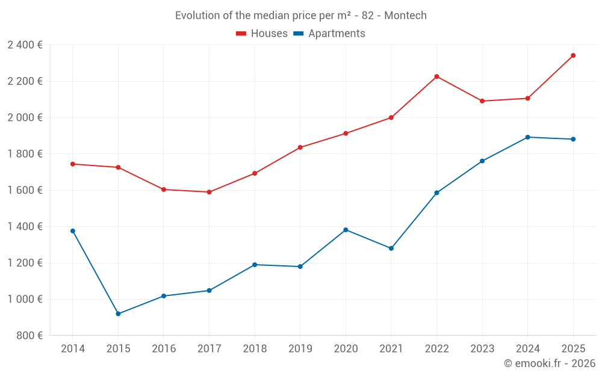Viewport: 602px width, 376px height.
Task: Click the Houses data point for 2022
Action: (x=436, y=76)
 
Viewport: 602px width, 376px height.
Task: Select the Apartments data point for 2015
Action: (x=118, y=313)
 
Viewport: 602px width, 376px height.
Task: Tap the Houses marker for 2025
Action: (x=573, y=55)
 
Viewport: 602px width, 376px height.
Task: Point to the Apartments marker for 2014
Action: (x=73, y=231)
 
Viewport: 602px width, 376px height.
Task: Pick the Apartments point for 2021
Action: (x=391, y=248)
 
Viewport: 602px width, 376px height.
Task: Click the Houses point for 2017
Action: (x=209, y=192)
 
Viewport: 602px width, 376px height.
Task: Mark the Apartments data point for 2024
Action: (x=527, y=137)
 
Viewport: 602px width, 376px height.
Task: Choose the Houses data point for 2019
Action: (x=300, y=147)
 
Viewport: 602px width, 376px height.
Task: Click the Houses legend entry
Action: (x=262, y=34)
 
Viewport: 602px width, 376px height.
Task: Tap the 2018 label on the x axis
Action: (x=255, y=349)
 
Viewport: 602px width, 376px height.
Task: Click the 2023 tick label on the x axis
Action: (x=482, y=349)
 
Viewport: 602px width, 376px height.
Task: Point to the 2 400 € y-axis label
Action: (x=25, y=45)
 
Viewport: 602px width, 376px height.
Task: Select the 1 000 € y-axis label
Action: (x=25, y=300)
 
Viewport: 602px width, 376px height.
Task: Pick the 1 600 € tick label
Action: (x=25, y=190)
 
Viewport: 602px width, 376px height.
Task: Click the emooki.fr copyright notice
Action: (x=549, y=363)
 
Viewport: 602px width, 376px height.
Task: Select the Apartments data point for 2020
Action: (x=346, y=230)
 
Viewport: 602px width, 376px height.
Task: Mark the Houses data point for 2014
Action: (x=73, y=164)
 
